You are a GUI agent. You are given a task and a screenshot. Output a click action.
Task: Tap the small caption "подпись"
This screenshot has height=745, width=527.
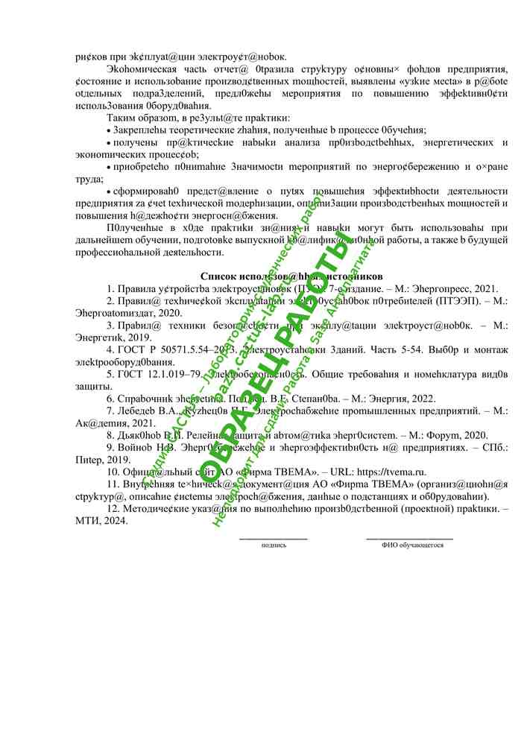click(274, 545)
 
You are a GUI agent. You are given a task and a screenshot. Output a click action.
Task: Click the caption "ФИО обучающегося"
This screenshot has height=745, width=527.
click(412, 545)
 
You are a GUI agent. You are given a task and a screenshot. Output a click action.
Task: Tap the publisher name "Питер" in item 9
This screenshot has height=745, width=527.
click(91, 460)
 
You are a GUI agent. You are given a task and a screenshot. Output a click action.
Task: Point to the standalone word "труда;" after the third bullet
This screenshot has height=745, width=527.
click(90, 180)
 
